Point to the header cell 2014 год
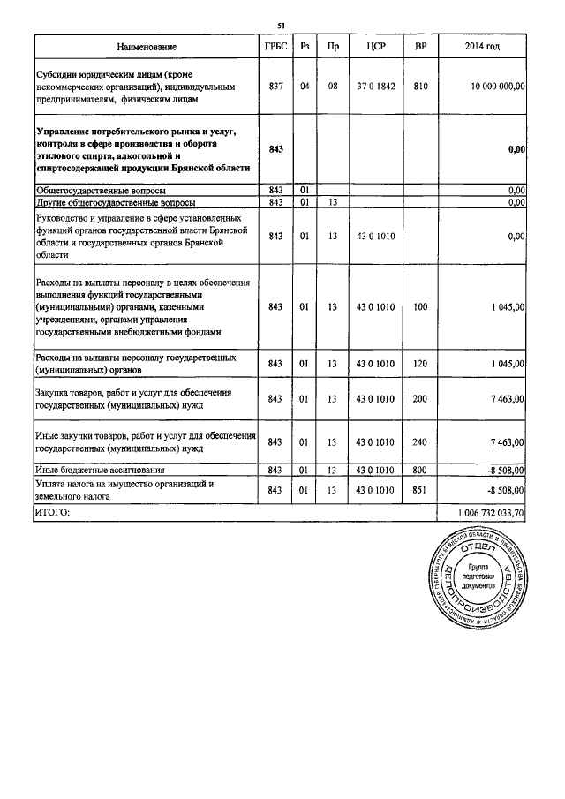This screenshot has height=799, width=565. [x=483, y=45]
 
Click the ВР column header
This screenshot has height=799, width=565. [x=420, y=45]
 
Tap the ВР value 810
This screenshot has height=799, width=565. [x=420, y=87]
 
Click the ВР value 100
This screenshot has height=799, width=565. [x=420, y=307]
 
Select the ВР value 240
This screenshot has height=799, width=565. [x=420, y=441]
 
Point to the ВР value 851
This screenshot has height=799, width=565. [x=420, y=489]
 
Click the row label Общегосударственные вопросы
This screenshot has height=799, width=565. [x=101, y=190]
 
